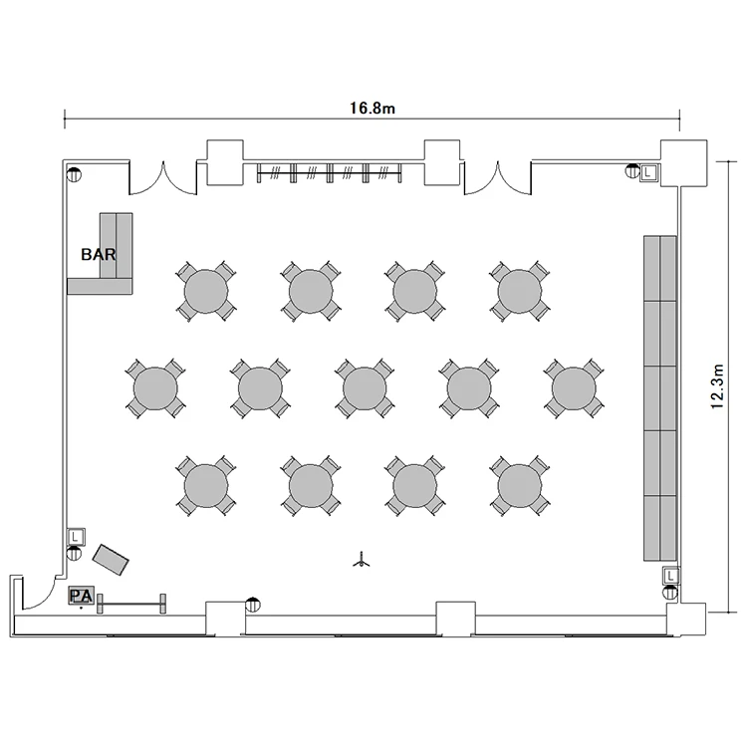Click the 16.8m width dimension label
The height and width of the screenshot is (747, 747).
tap(373, 109)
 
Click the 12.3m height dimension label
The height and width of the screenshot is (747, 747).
tap(717, 385)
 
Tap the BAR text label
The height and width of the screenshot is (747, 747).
tap(99, 254)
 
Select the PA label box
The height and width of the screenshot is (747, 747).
tap(81, 596)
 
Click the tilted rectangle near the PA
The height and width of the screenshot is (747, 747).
tap(111, 560)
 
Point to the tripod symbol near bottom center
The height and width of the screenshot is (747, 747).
tap(362, 560)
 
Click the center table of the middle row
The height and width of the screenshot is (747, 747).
tap(365, 388)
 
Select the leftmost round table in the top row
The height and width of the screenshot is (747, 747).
tap(206, 291)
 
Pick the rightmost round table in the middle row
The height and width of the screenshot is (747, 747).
tap(574, 388)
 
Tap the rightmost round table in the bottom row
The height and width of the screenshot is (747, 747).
tap(520, 486)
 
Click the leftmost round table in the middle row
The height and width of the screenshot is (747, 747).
tap(155, 388)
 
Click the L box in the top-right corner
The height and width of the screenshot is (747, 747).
tap(648, 172)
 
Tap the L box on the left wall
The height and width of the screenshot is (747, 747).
tap(76, 537)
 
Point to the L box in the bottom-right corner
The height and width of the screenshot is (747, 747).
tap(670, 576)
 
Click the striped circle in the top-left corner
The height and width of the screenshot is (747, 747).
tap(75, 175)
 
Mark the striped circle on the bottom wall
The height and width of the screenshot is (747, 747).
tap(253, 605)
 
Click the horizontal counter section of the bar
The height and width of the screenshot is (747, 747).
tap(100, 286)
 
